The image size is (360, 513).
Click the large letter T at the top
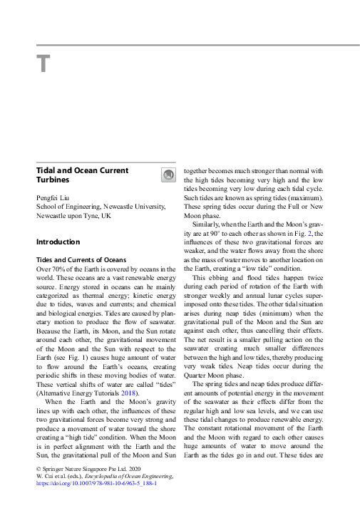tap(43, 63)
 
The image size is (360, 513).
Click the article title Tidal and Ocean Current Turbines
tap(82, 175)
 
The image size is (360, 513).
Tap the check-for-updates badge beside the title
tap(168, 175)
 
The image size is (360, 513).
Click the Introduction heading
tap(58, 242)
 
